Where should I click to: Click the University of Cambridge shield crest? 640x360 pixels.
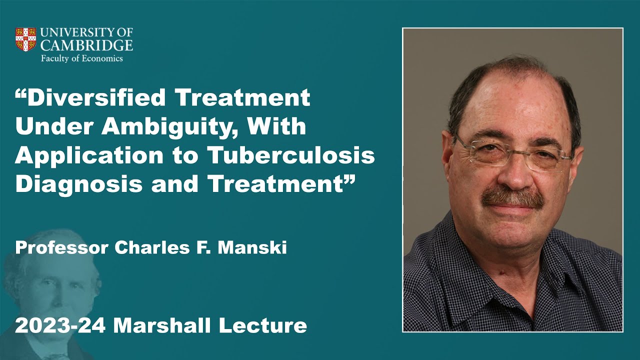point(26,39)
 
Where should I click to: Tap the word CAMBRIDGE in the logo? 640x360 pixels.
point(86,45)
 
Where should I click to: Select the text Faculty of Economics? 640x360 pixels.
point(82,58)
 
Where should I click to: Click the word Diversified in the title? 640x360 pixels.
point(96,98)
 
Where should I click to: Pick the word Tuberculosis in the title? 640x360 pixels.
point(291,156)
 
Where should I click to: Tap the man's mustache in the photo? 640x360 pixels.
point(512,197)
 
